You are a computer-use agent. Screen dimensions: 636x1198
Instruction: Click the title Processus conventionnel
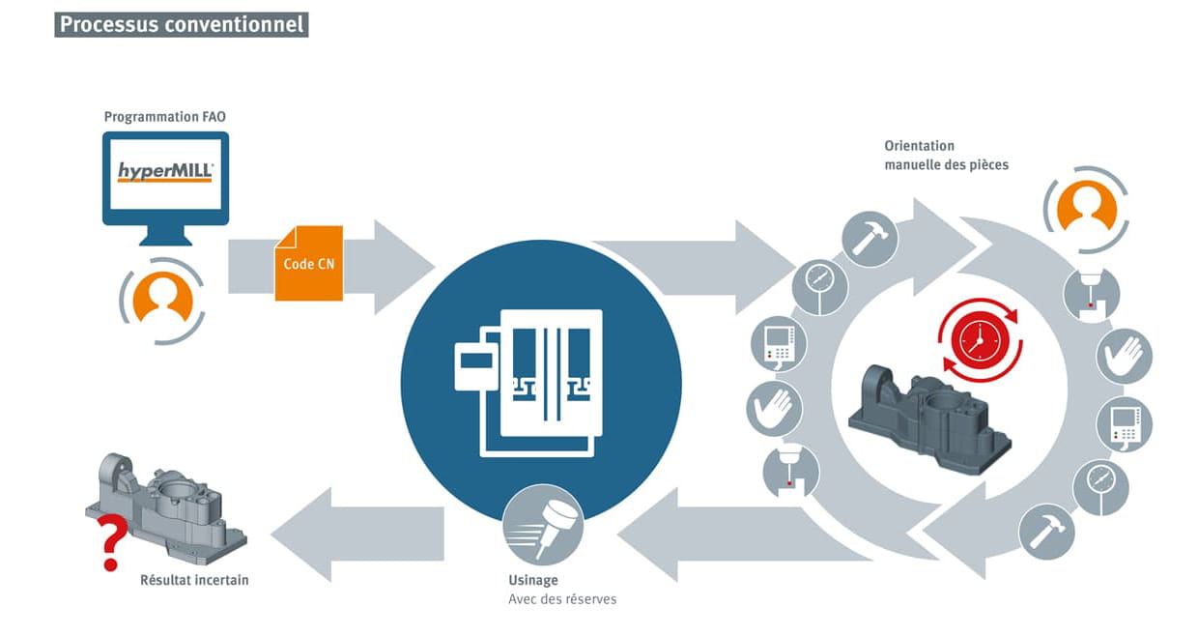pyautogui.click(x=182, y=24)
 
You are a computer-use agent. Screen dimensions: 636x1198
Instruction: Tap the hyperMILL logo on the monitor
pyautogui.click(x=165, y=173)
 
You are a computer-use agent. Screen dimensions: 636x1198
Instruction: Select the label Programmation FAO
pyautogui.click(x=165, y=117)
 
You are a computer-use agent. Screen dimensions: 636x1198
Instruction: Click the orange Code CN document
pyautogui.click(x=308, y=263)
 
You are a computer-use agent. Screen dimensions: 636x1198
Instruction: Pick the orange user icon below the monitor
pyautogui.click(x=162, y=299)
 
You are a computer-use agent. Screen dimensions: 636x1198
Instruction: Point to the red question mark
pyautogui.click(x=111, y=542)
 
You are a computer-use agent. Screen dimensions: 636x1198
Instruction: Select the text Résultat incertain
pyautogui.click(x=194, y=580)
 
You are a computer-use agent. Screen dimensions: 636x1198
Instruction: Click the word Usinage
pyautogui.click(x=533, y=581)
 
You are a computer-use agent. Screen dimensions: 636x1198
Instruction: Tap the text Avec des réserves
pyautogui.click(x=562, y=599)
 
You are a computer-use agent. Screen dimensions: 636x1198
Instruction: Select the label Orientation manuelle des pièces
pyautogui.click(x=946, y=156)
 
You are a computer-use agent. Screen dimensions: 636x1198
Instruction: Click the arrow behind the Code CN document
pyautogui.click(x=386, y=265)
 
